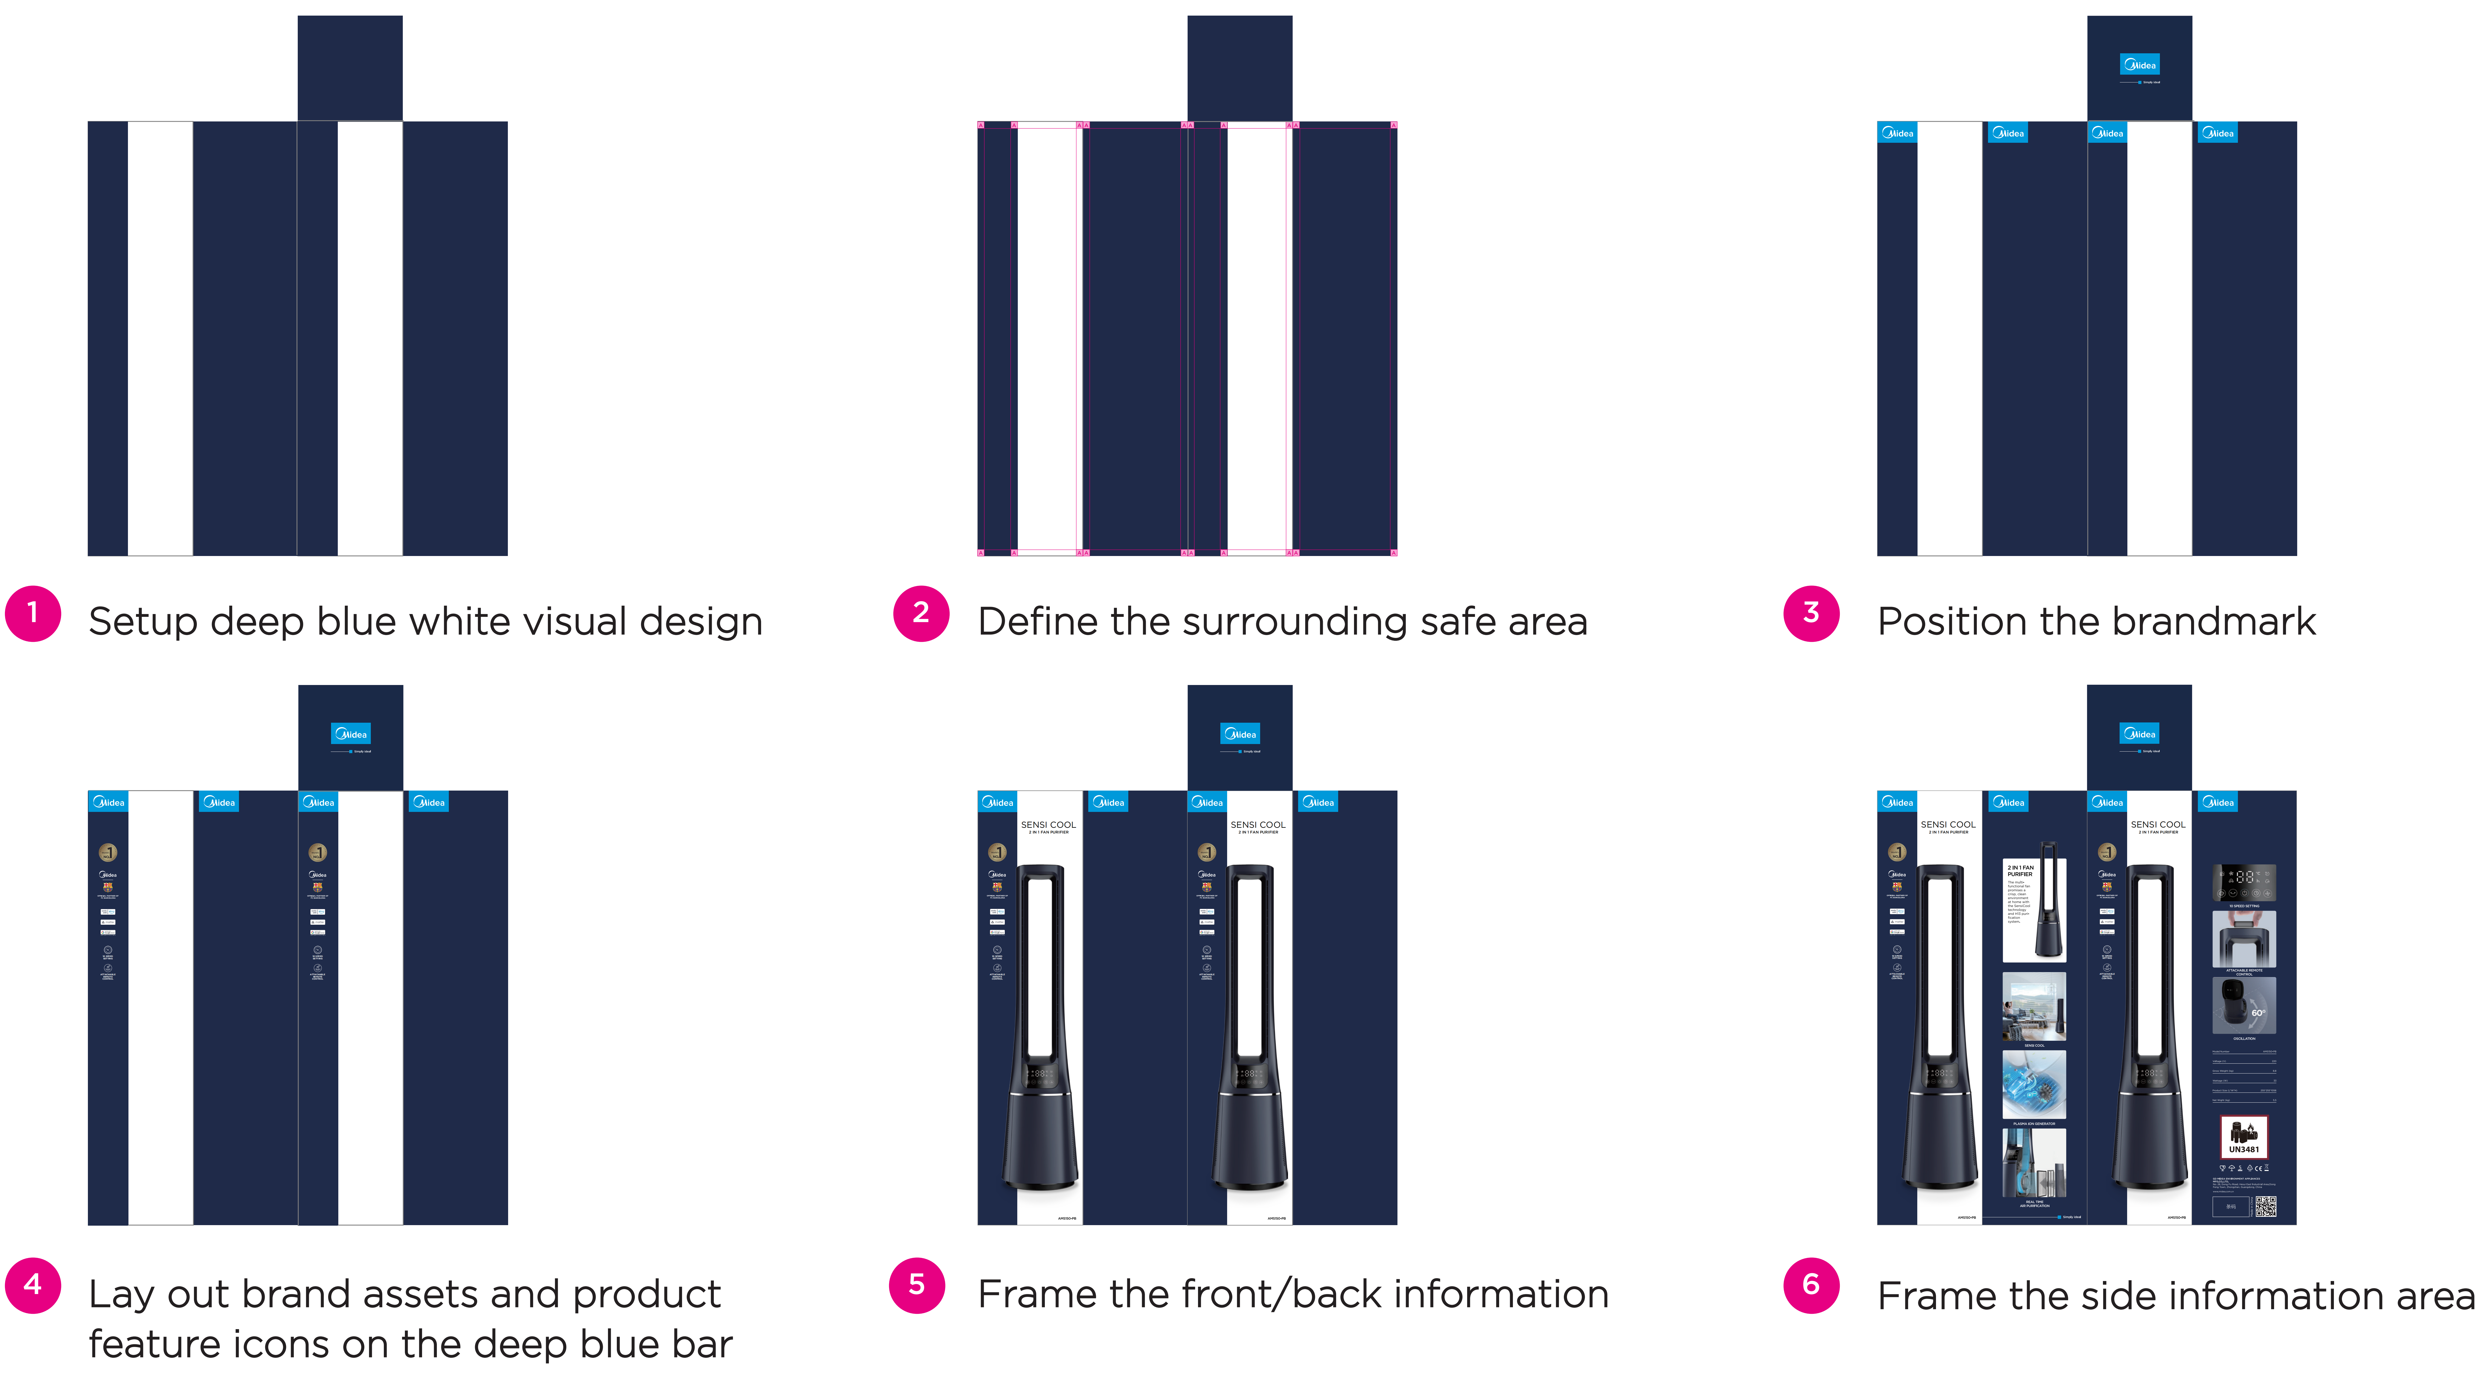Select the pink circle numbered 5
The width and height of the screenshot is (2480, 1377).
point(917,1285)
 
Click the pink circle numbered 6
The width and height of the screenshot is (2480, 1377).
point(1811,1285)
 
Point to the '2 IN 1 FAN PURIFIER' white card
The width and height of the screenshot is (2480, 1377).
point(2033,910)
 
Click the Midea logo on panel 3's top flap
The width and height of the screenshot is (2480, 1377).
point(2139,64)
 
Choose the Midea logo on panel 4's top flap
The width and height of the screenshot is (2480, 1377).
point(351,734)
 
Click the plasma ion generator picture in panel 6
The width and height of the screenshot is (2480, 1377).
point(2033,1084)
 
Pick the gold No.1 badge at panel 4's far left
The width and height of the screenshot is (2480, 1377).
point(108,852)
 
